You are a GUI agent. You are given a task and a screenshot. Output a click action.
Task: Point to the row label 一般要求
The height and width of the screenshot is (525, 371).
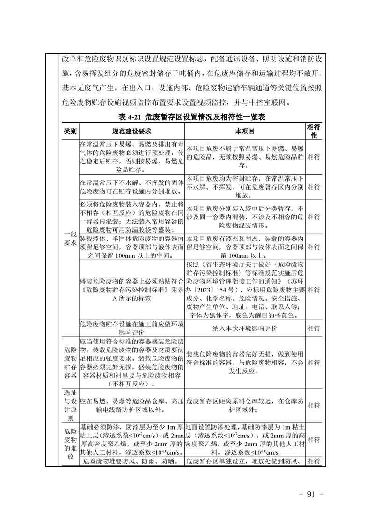tap(70, 238)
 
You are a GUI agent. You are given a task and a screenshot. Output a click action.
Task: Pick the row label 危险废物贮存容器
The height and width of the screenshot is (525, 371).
tap(70, 362)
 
